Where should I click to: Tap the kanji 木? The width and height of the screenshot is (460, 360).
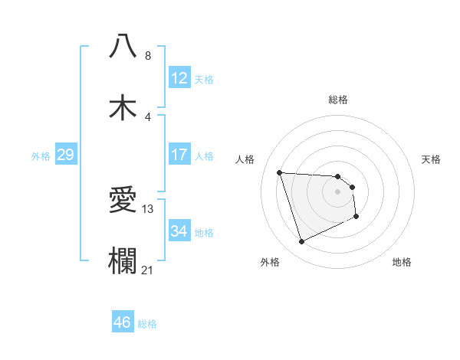(123, 107)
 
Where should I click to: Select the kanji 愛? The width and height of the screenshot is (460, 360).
(123, 200)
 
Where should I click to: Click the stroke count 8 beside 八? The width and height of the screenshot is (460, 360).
(148, 56)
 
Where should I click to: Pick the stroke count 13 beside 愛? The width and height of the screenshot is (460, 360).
(149, 208)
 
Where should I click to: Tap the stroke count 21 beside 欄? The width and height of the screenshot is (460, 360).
(149, 269)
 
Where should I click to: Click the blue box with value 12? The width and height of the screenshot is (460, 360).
(179, 78)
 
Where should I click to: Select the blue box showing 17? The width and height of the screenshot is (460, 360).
(179, 155)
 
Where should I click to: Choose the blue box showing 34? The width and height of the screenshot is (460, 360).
(179, 231)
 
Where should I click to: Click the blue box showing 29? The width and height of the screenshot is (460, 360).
(65, 155)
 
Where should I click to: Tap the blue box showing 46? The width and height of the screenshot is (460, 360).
(123, 322)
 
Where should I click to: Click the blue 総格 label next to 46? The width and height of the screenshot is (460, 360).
(147, 324)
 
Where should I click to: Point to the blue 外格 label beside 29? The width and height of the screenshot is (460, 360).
(41, 155)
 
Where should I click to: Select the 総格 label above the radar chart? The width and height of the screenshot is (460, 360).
(338, 100)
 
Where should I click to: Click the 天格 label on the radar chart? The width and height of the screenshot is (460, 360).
(432, 159)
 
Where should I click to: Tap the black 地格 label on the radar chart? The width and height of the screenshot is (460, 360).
(402, 262)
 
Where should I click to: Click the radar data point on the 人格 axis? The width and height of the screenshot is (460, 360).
(280, 172)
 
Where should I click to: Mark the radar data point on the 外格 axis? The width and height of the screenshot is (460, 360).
(301, 242)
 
